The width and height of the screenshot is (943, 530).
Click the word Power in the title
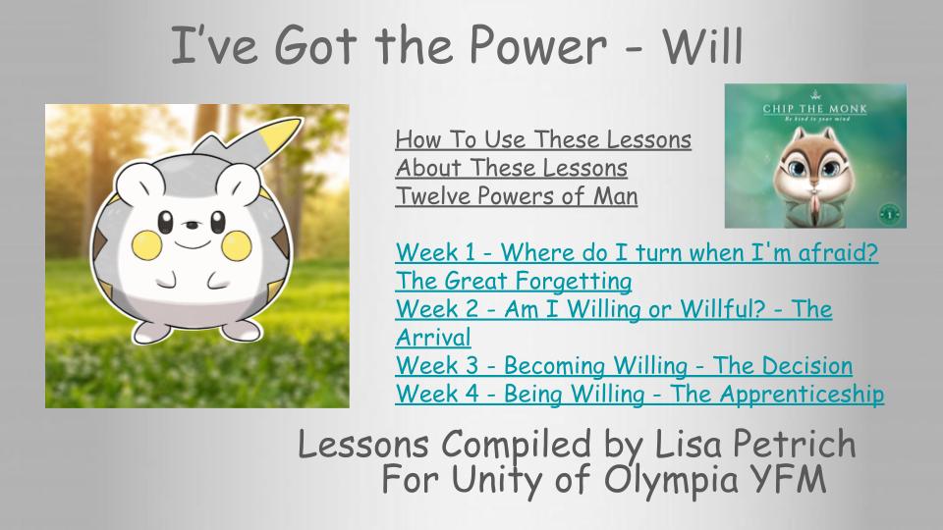coord(537,46)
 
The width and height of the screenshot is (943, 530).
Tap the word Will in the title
coord(703,46)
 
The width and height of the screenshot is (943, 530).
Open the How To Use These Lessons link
coord(543,139)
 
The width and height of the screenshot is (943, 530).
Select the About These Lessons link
coord(511,168)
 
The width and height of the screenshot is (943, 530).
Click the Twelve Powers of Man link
coord(516,196)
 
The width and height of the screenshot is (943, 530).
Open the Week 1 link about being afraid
coord(637,252)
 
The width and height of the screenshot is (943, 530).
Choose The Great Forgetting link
coord(514,281)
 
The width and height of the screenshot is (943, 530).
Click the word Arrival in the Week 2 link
coord(433,337)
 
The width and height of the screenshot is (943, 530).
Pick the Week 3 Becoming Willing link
coord(624,365)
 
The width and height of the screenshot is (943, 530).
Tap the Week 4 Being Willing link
coord(639,394)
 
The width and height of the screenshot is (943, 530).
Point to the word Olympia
coord(670,481)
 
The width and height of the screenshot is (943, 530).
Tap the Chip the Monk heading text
coord(815,109)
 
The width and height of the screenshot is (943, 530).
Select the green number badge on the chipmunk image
coord(890,213)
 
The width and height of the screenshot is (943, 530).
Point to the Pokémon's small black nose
coord(192,226)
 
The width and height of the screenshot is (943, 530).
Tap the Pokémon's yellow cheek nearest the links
coord(236,245)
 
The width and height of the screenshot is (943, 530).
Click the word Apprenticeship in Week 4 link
coord(802,395)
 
